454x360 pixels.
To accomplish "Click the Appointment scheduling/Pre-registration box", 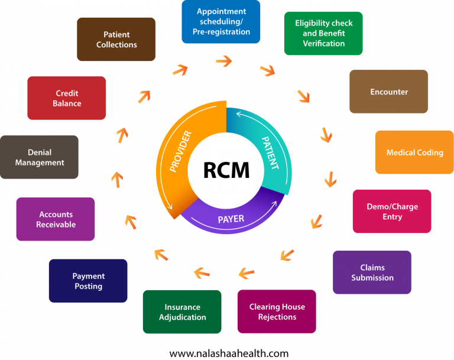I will coord(220,21).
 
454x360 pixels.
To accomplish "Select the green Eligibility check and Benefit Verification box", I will coord(323,33).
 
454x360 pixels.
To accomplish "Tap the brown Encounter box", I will coord(388,92).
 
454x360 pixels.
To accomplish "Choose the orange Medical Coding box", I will coord(414,153).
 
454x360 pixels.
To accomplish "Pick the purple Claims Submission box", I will coord(372,273).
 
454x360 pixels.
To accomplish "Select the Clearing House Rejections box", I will coord(277,312).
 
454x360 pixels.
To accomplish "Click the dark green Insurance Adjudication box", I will coord(182,312).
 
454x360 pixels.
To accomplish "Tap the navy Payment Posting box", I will coord(88,281).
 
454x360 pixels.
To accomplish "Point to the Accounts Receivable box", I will coord(56,219).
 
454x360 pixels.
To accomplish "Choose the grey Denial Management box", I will coord(40,157).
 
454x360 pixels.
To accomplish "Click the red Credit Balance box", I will coord(67,98).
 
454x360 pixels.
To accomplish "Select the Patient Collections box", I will coord(116,39).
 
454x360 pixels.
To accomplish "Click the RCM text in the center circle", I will coord(226,170).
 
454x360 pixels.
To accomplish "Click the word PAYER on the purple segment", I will coord(231,219).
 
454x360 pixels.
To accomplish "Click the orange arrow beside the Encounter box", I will coord(304,95).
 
